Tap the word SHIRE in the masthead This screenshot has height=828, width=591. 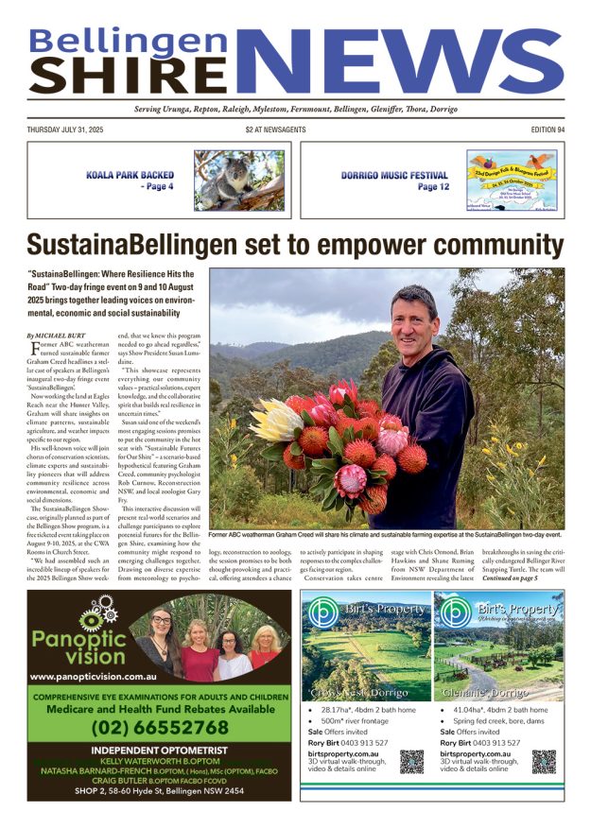tap(130, 74)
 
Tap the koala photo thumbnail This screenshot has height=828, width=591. tap(239, 180)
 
